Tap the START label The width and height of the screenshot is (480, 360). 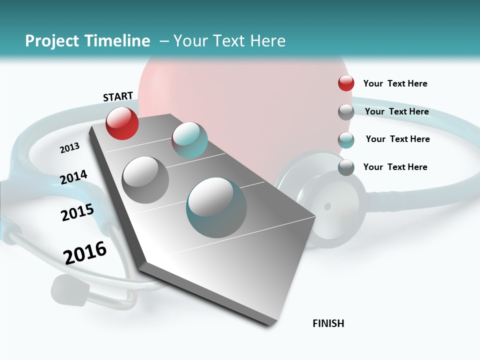tap(118, 96)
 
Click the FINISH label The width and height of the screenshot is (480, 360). tap(328, 323)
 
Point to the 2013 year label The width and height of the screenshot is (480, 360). tap(69, 148)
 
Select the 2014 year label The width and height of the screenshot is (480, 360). tap(74, 177)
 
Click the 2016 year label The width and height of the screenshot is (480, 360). tap(85, 253)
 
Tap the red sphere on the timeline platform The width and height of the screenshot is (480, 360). tap(122, 123)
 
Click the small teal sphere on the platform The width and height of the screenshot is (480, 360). tap(189, 140)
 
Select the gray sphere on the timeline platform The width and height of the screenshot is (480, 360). tap(145, 179)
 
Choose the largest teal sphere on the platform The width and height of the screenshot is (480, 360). tap(216, 207)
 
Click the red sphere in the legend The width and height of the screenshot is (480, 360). tap(346, 83)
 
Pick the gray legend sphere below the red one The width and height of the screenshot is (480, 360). tap(346, 112)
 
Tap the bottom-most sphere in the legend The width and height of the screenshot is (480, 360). tap(346, 167)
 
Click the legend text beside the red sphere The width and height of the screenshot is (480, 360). tap(395, 83)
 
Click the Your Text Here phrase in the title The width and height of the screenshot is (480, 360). tap(229, 41)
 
